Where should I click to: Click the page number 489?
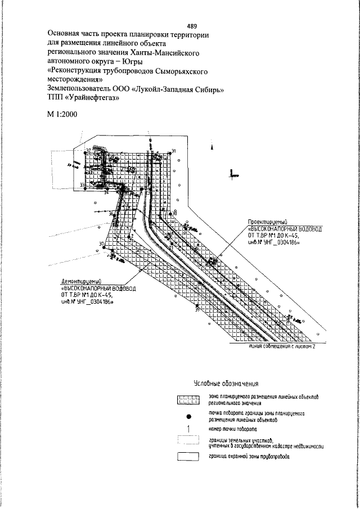point(191,26)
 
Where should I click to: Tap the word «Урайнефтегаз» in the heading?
point(89,97)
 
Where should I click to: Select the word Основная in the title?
point(66,34)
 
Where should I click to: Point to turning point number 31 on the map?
point(174,151)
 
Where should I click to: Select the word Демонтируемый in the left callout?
point(82,281)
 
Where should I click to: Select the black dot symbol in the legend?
point(189,417)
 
